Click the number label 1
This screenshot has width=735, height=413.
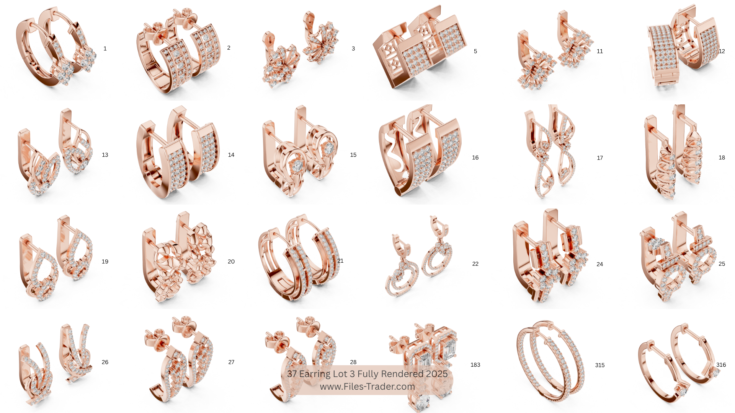tap(105, 49)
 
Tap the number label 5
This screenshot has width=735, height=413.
tap(475, 51)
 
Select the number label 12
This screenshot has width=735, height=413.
tap(722, 51)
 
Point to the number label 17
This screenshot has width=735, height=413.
tap(600, 158)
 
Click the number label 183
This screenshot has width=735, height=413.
tap(475, 365)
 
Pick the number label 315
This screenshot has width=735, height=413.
tap(600, 365)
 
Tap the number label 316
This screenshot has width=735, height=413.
tap(721, 365)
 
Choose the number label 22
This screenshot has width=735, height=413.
tap(475, 264)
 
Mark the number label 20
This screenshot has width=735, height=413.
tap(231, 262)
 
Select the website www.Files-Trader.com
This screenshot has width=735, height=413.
tap(367, 387)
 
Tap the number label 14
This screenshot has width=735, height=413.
tap(231, 155)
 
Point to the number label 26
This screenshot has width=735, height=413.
tap(105, 362)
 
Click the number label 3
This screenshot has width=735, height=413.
tap(353, 49)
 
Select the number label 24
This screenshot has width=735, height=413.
tap(600, 264)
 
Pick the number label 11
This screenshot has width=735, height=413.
tap(600, 51)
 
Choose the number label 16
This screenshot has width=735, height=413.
tap(475, 158)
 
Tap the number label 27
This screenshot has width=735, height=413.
tap(231, 362)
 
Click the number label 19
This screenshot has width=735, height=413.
tap(105, 262)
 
